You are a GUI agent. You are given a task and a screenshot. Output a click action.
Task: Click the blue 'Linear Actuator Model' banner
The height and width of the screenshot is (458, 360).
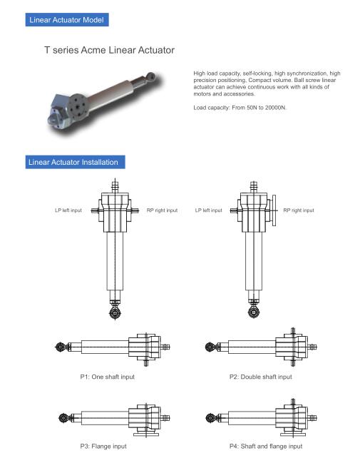point(67,19)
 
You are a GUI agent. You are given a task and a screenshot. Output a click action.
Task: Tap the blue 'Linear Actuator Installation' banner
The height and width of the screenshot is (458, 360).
point(75,162)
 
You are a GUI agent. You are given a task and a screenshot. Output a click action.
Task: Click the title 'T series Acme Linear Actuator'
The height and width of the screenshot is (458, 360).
point(110,50)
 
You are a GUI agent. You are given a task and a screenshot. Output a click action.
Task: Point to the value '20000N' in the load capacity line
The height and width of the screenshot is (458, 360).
point(275,108)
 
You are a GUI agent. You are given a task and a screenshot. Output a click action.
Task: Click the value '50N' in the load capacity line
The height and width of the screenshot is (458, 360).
point(252,108)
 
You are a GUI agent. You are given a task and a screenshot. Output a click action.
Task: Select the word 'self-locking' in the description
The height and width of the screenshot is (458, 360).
point(257,73)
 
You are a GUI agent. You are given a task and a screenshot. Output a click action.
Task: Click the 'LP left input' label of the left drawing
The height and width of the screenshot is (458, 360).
point(68,210)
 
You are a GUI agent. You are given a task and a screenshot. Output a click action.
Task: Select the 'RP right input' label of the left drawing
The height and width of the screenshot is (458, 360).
point(162,210)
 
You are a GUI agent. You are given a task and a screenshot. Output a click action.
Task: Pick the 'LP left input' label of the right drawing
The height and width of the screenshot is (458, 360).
point(208,210)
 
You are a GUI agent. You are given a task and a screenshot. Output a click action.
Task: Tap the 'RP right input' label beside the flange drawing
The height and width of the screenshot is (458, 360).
point(299,210)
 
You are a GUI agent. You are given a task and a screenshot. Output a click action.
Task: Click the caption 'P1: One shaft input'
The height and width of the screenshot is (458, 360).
point(108,377)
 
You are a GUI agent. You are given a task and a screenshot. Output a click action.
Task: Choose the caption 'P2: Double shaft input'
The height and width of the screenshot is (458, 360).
point(261,377)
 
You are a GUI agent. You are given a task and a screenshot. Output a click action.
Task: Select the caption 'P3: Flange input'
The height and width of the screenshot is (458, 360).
point(103,447)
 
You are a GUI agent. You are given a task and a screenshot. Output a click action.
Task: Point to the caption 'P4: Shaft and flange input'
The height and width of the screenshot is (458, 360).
point(266,447)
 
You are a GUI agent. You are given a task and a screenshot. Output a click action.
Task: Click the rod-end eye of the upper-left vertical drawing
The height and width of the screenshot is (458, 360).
point(115,313)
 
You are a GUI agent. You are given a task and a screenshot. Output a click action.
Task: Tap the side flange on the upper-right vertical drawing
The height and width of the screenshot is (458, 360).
point(274,210)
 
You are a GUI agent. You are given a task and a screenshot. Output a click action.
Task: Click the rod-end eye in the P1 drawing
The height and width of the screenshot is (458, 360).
point(61,347)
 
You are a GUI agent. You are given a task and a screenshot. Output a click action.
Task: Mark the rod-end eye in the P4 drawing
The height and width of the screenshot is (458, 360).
point(211,418)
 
